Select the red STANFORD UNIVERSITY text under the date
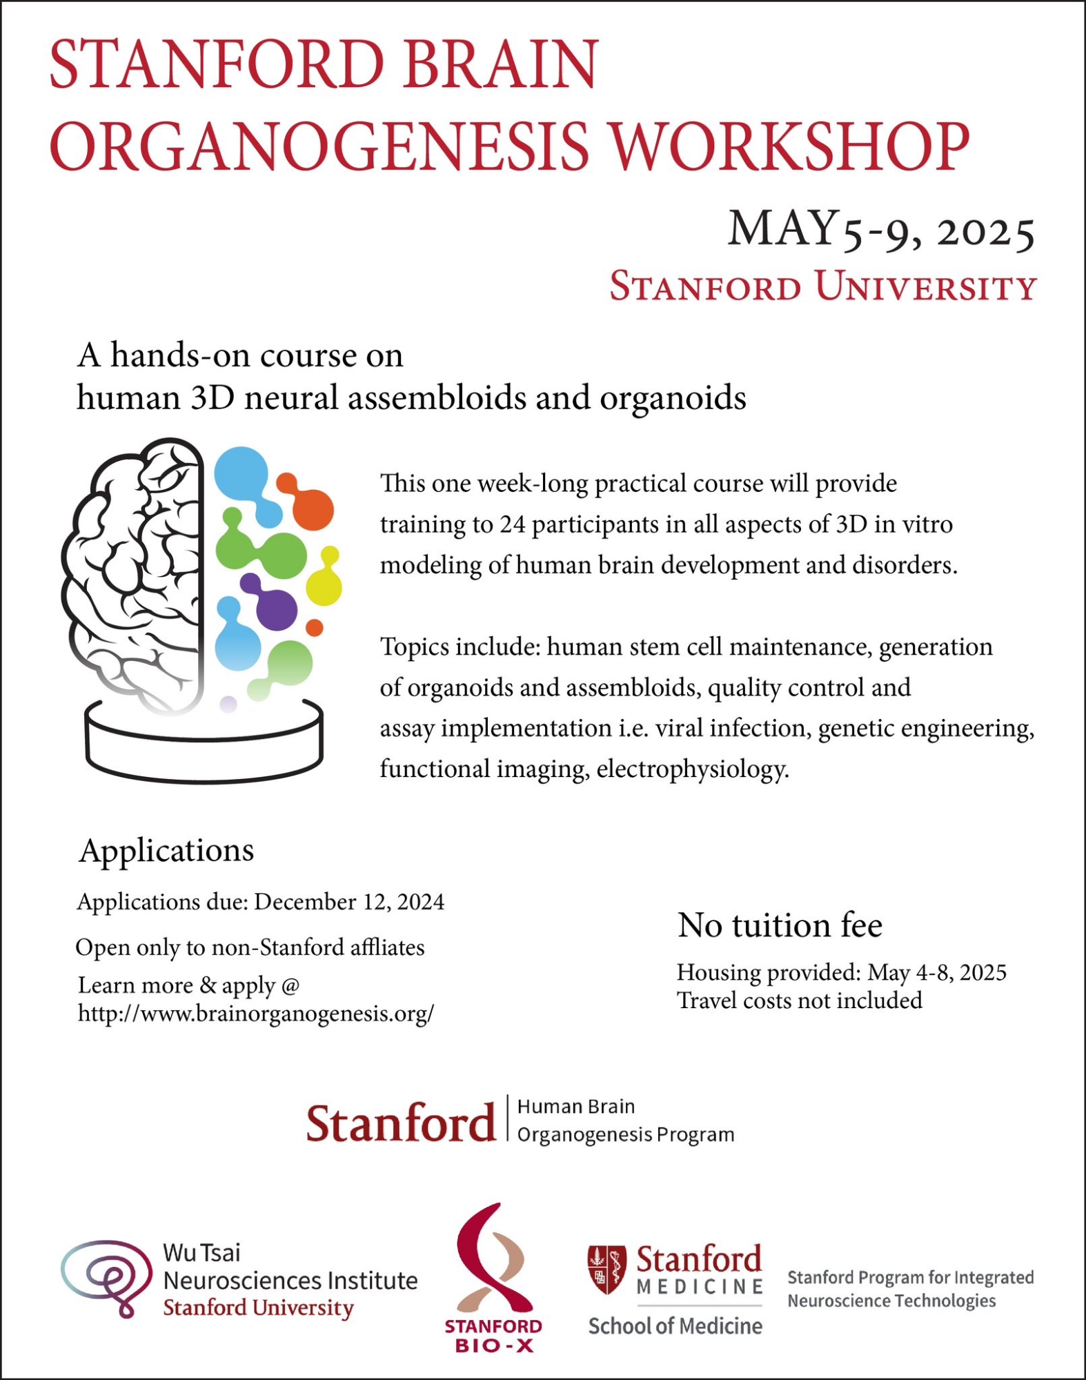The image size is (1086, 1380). (x=822, y=286)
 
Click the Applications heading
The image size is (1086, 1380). (x=166, y=850)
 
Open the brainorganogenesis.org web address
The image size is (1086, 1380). (x=256, y=1013)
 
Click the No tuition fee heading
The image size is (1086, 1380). (x=780, y=925)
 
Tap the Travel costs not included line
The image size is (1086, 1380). (x=799, y=1000)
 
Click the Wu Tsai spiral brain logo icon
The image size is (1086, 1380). (x=107, y=1279)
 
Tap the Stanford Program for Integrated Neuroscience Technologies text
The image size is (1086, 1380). (x=910, y=1289)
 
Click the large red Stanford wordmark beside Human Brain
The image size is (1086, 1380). (x=401, y=1123)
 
